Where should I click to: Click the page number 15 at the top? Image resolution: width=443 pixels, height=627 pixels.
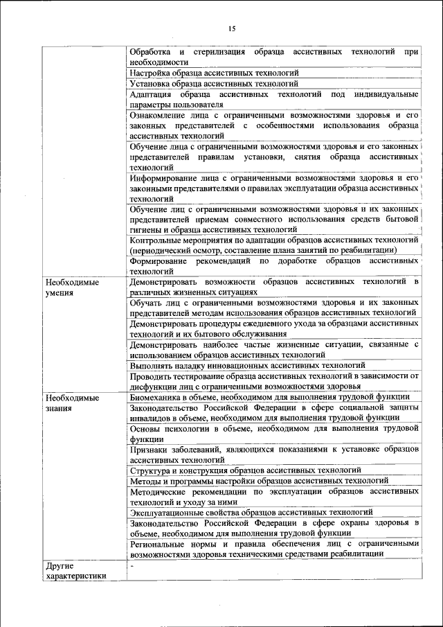[x=232, y=28]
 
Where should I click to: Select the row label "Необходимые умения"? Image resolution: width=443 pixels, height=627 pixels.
[x=72, y=288]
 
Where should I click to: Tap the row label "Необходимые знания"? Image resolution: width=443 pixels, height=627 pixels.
[x=72, y=403]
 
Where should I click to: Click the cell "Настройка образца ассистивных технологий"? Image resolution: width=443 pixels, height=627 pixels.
[x=214, y=72]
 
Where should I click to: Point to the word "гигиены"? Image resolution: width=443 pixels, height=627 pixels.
[x=145, y=229]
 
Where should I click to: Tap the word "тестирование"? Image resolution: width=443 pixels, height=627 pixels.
[x=200, y=376]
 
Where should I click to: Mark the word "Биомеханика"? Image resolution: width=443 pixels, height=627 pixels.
[x=156, y=397]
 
